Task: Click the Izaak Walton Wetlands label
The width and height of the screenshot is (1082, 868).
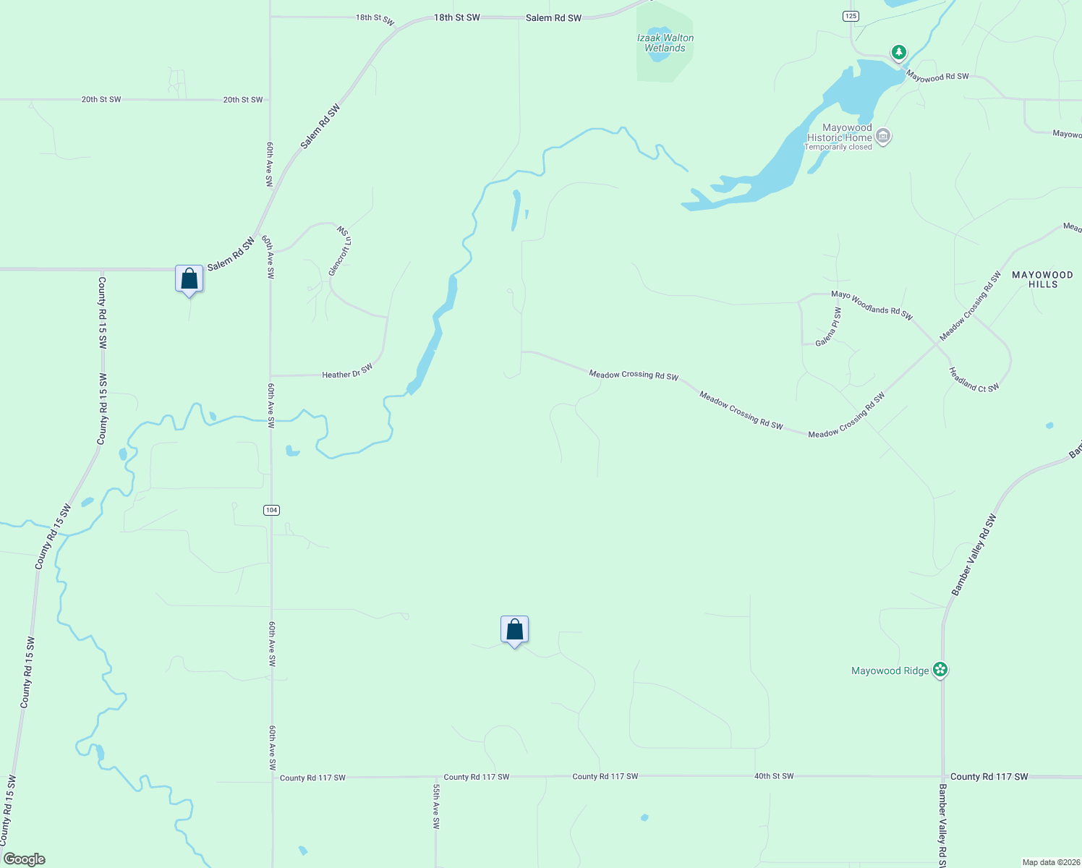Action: pos(665,43)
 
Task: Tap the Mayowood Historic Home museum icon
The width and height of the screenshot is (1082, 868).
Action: pos(883,135)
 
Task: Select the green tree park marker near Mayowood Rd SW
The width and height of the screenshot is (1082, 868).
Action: pos(898,52)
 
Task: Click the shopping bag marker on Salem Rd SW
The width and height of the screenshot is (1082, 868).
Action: pos(189,278)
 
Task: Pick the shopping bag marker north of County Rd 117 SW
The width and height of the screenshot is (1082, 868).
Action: pos(514,630)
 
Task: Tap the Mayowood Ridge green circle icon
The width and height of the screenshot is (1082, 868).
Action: pos(940,670)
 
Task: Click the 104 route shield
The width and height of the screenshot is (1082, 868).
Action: pos(271,510)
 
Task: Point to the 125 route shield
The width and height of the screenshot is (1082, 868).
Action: pos(851,16)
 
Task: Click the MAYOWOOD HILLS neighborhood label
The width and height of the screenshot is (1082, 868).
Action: pos(1042,279)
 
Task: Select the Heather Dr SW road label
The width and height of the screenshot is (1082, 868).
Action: pos(347,372)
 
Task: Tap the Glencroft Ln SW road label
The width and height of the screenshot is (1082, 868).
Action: pos(339,250)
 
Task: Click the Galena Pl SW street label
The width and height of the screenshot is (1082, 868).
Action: pos(829,327)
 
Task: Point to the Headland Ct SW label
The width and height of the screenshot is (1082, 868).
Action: pos(974,379)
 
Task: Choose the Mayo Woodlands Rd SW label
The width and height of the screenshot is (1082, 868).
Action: pos(872,305)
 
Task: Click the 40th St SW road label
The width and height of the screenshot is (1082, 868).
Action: pos(774,776)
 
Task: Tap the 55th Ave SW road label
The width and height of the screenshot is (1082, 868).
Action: pos(436,806)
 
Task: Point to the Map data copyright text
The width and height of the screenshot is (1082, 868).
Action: pos(1051,862)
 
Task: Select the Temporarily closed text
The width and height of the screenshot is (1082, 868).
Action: pos(838,147)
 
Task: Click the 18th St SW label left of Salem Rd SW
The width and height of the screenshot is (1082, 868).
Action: pos(375,18)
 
